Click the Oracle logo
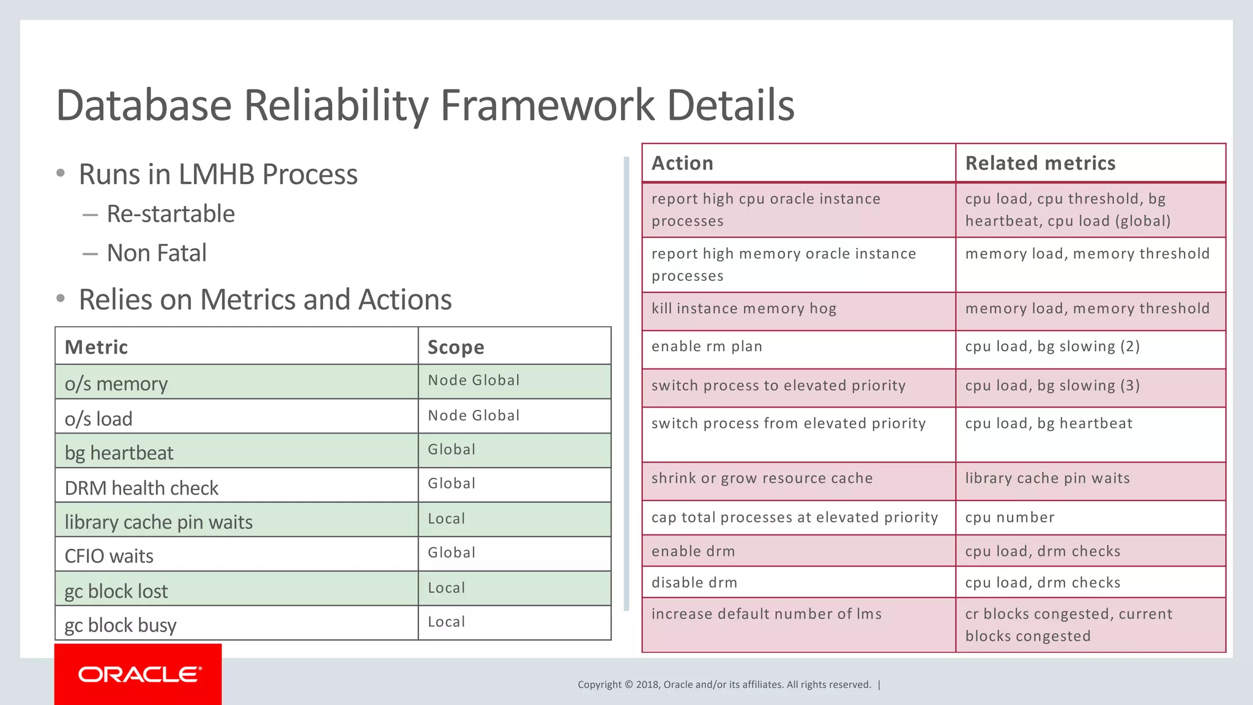point(139,674)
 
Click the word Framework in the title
point(548,105)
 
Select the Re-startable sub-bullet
point(171,214)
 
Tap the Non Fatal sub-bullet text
point(157,253)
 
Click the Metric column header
point(97,347)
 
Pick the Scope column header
point(456,347)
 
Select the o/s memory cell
point(116,384)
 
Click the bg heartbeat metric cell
point(119,453)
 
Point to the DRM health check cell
point(141,488)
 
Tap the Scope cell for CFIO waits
point(452,553)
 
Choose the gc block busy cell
point(121,625)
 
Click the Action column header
point(682,163)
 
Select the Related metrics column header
point(1040,163)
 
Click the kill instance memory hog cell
point(743,308)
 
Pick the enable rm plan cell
point(707,346)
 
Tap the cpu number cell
point(1009,518)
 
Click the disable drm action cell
point(694,583)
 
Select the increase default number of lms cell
point(766,614)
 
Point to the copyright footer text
point(724,685)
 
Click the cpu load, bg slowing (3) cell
point(1052,386)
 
